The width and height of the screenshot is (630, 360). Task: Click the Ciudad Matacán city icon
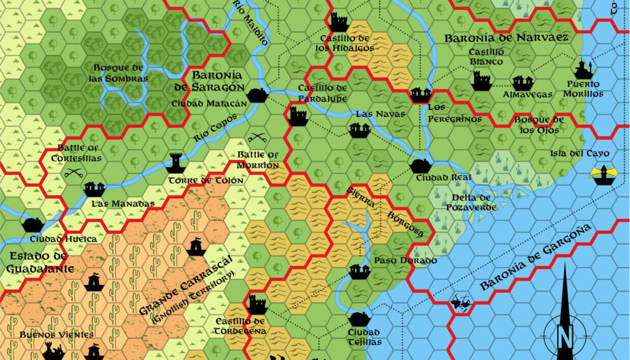click(x=257, y=95)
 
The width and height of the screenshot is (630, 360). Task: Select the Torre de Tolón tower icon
click(x=176, y=162)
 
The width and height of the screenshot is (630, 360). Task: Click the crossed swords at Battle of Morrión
click(x=257, y=140)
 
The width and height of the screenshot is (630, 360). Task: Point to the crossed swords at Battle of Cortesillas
click(x=74, y=174)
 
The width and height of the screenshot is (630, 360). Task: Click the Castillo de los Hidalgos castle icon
click(x=339, y=22)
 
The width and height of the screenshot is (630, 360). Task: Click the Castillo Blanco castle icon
click(x=481, y=80)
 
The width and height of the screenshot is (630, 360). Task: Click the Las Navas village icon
click(x=359, y=129)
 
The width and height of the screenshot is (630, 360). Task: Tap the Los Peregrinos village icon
click(x=421, y=94)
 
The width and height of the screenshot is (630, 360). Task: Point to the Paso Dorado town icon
click(x=358, y=271)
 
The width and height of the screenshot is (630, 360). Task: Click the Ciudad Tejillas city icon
click(x=359, y=319)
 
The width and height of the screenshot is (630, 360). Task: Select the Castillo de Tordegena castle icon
click(x=257, y=305)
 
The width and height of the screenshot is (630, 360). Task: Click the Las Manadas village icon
click(x=94, y=188)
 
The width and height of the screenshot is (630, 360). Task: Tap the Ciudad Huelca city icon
click(x=33, y=225)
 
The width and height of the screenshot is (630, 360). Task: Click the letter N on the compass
click(x=564, y=335)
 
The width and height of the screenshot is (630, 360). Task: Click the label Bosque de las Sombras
click(x=121, y=73)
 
